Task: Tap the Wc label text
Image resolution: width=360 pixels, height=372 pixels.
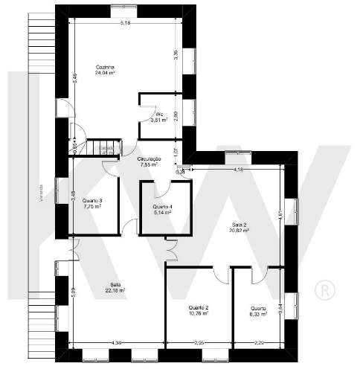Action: [x=159, y=114]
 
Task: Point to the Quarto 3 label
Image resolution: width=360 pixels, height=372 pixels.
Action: [x=92, y=201]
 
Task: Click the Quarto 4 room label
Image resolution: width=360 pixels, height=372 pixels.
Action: [x=162, y=207]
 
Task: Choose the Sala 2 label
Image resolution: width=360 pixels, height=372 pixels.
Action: [x=239, y=224]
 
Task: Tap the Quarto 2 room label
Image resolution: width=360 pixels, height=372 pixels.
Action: [x=198, y=307]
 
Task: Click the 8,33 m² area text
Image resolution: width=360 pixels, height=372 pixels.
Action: [x=258, y=313]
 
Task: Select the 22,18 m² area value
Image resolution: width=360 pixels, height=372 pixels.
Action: [x=115, y=289]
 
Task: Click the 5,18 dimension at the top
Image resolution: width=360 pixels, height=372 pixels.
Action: [x=125, y=23]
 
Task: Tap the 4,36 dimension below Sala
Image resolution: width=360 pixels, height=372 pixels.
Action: [x=116, y=342]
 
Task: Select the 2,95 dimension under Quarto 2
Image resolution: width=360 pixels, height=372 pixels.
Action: [x=199, y=342]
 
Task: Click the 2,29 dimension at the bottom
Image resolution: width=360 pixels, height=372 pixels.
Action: [x=257, y=342]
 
